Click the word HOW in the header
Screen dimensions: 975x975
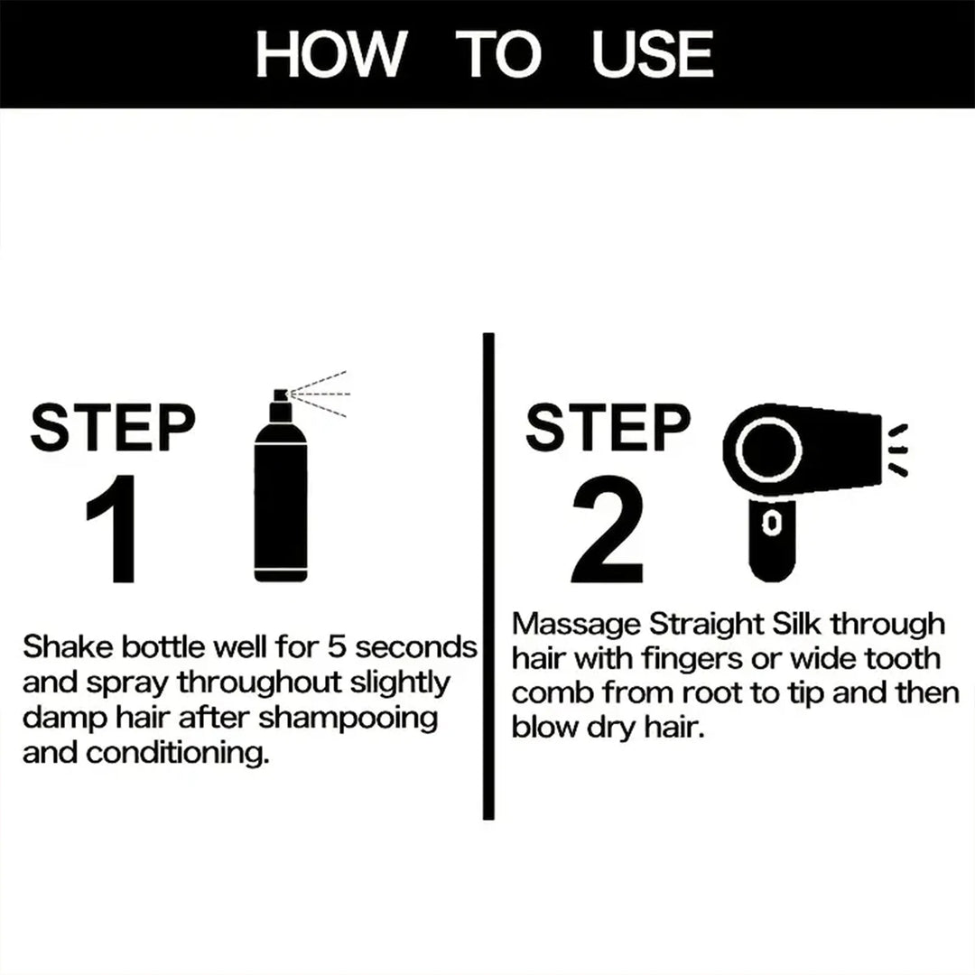pos(329,54)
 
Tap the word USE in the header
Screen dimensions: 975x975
pos(653,54)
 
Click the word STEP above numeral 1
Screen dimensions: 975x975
pos(112,428)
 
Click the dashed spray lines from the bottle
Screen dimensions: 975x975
pos(320,393)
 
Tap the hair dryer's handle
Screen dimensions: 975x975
pos(773,537)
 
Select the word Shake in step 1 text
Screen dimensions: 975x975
pos(60,647)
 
